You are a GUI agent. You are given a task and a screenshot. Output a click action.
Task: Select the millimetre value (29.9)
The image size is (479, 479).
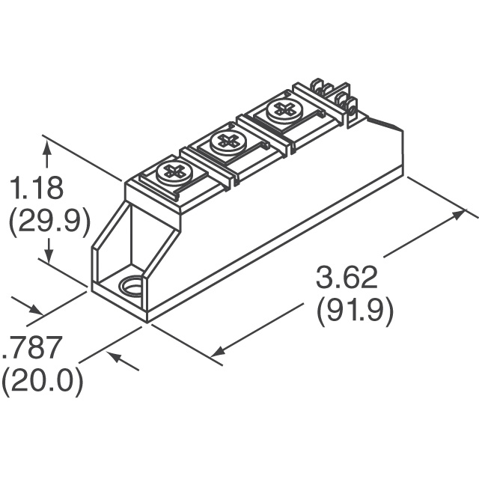pos(48,221)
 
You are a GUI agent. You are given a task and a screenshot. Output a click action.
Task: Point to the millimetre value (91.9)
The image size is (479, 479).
pos(355,311)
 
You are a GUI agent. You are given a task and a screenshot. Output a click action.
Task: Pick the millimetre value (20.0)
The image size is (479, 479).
pos(41,382)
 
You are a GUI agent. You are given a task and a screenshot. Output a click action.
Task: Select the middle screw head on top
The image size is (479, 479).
pos(228,140)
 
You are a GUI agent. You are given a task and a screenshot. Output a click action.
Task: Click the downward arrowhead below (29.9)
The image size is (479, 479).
pos(48,256)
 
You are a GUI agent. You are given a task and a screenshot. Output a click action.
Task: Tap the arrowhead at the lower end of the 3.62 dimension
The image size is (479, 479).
pos(219,350)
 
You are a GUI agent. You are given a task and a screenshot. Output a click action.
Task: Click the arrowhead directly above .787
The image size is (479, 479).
pos(34,311)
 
